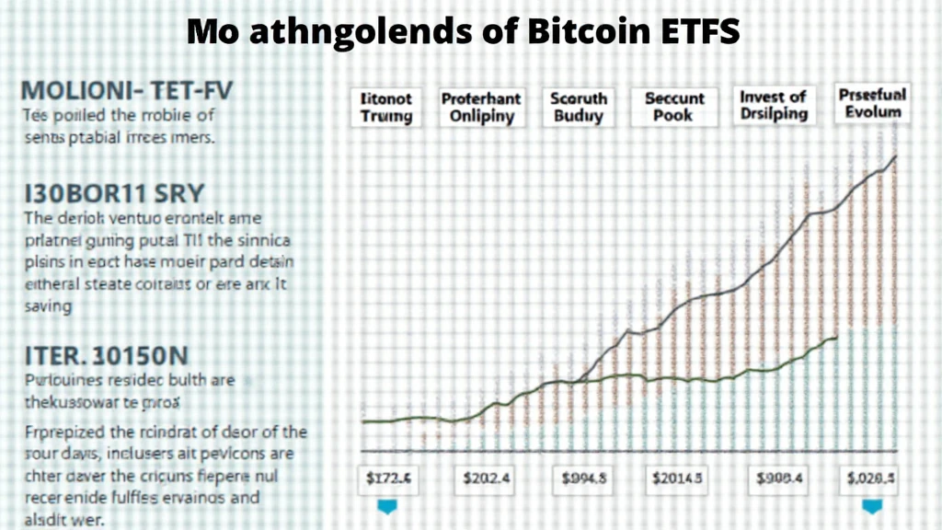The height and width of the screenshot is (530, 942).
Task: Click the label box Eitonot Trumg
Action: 386,107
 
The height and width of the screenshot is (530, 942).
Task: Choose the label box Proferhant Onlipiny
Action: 481,107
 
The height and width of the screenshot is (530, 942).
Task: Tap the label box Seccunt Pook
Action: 673,107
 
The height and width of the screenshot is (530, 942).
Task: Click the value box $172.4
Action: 386,478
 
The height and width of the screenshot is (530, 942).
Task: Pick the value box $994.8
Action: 584,478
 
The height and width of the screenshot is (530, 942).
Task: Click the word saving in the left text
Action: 47,306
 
